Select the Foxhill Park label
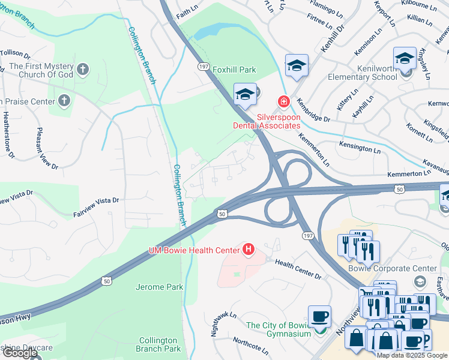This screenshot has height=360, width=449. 235,70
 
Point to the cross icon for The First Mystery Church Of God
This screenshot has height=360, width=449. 83,70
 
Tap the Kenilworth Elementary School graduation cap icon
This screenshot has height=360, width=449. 405,60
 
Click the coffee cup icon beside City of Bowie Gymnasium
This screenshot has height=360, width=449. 319,317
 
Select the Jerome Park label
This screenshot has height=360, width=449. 160,287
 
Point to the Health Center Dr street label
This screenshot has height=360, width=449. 298,268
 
